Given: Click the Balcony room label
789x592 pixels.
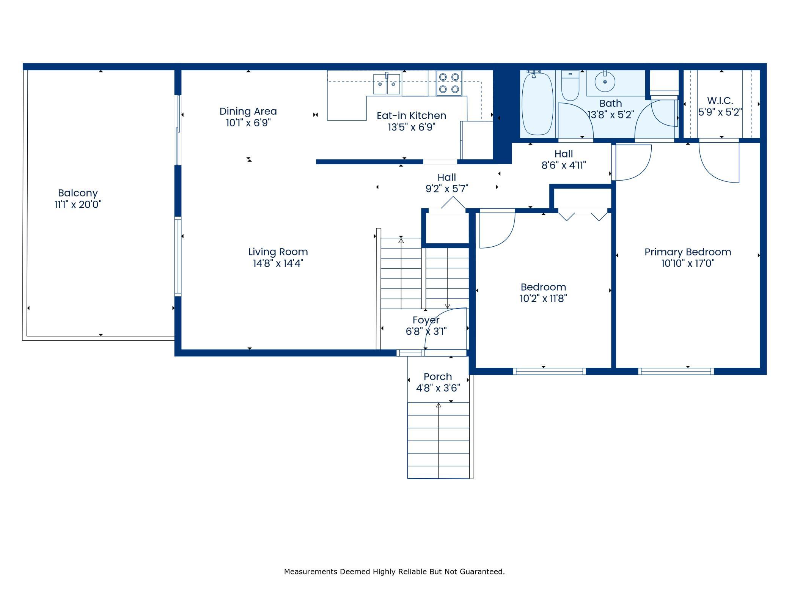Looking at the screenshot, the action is (x=78, y=193).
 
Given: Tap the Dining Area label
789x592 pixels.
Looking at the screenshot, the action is (x=248, y=111).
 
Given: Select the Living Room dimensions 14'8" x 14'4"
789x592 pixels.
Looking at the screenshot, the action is (x=278, y=263).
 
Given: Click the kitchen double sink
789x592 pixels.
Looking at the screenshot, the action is (x=387, y=84).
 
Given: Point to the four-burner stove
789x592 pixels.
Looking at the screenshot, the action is (x=449, y=83).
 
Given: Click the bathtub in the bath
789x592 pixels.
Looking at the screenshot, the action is (x=538, y=103).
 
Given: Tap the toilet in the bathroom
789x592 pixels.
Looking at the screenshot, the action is (x=570, y=85).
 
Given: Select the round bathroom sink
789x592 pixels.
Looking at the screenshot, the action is (x=605, y=82).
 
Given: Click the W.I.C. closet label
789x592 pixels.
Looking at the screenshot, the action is (x=720, y=101).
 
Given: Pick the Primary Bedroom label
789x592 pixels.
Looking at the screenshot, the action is (x=688, y=252).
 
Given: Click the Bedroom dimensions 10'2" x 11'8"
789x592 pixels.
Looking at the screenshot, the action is (x=543, y=299).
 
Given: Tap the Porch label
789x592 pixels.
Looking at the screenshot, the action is (x=438, y=377).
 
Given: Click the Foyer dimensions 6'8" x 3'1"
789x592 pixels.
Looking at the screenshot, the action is (x=426, y=332).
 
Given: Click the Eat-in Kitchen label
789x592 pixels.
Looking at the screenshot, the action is (x=411, y=116).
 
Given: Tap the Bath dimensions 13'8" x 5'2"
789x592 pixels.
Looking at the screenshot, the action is (x=610, y=115).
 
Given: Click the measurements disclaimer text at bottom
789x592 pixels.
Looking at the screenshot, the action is (x=394, y=572).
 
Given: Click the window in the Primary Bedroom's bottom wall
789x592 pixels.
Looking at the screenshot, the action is (x=676, y=372).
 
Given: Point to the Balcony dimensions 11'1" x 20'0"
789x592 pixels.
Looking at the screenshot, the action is (x=78, y=205).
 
